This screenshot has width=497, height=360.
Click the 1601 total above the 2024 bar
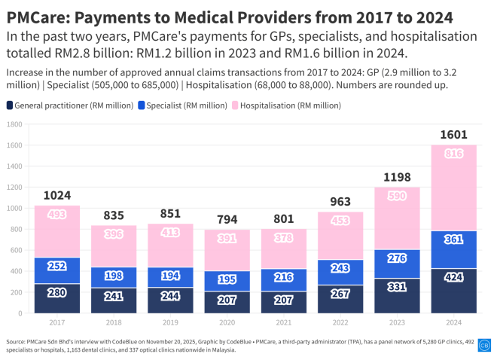click(x=454, y=135)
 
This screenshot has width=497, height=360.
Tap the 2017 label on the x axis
click(x=56, y=322)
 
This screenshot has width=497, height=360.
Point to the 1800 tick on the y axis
click(x=15, y=124)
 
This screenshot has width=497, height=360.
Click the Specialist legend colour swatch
click(x=141, y=105)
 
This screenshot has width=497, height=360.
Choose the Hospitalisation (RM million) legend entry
click(x=289, y=105)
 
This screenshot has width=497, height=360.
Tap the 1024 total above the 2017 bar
click(x=56, y=195)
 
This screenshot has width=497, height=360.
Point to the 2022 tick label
click(x=340, y=322)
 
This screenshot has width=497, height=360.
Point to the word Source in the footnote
click(x=17, y=341)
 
